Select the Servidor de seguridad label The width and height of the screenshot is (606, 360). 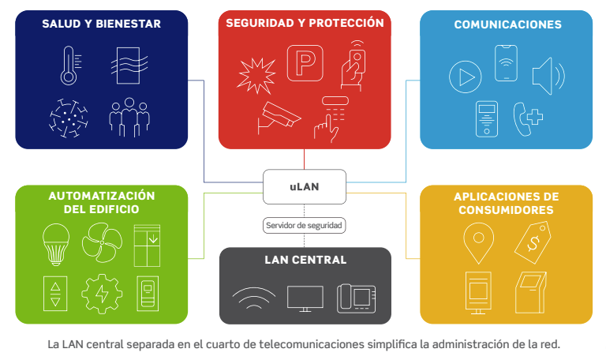click(305, 226)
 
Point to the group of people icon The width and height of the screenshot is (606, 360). click(128, 118)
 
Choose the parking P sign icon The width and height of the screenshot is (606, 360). click(304, 63)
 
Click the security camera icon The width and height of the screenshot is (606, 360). click(278, 117)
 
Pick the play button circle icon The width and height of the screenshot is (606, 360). click(465, 77)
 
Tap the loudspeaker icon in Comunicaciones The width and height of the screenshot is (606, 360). click(548, 77)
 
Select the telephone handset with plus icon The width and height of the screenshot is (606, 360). click(529, 118)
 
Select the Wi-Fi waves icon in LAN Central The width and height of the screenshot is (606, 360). click(254, 298)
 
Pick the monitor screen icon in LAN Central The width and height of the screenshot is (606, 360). click(305, 298)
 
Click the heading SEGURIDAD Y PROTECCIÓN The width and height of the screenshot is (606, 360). click(305, 23)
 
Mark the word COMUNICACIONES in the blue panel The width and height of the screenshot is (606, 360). click(507, 24)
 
